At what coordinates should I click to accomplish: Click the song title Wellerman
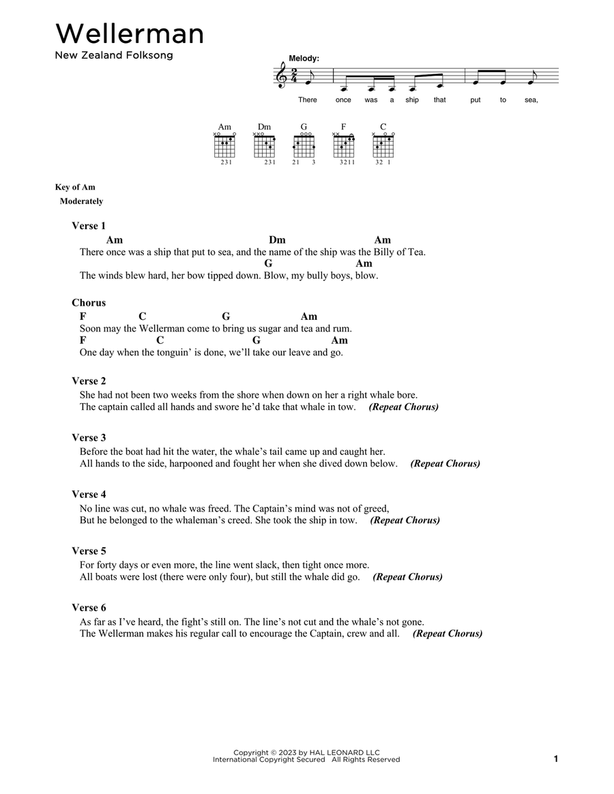pos(130,34)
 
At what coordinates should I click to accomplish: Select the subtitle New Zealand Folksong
pos(114,56)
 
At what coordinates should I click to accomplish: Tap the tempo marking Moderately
pos(81,201)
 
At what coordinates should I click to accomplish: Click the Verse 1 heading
pos(89,226)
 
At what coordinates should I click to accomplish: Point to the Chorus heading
pos(89,303)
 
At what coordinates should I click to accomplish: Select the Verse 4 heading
pos(89,495)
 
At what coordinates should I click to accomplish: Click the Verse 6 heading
pos(89,608)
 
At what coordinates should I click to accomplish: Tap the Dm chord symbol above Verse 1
pos(277,240)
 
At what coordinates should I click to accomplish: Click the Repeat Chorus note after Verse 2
pos(404,407)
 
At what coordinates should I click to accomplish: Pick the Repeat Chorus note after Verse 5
pos(408,577)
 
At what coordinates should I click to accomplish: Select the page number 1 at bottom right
pos(556,759)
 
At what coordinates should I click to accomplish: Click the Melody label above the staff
pos(304,59)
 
